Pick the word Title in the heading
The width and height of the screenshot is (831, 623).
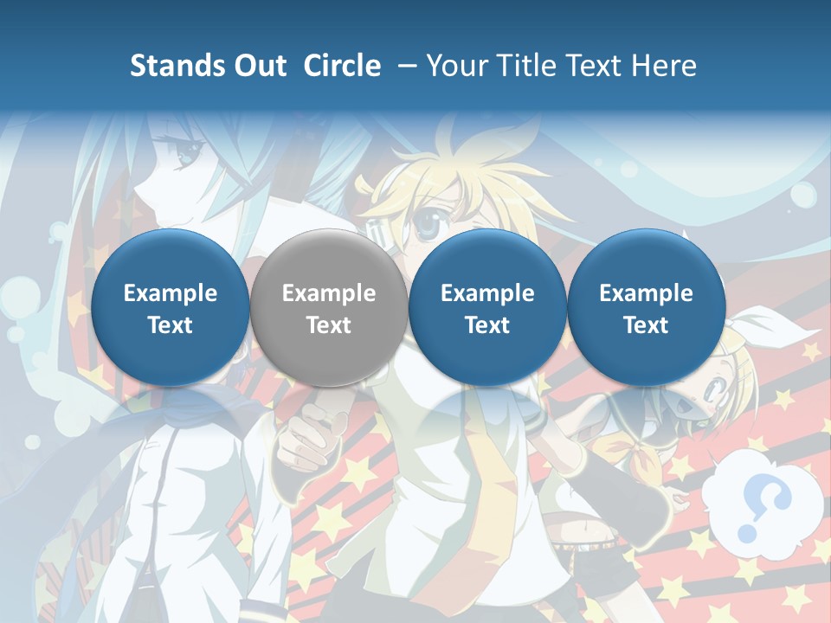[531, 67]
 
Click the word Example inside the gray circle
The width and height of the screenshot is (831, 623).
[329, 294]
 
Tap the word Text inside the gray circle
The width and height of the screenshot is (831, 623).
[329, 326]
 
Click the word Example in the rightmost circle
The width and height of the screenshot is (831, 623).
[646, 294]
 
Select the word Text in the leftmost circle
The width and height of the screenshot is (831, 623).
[171, 326]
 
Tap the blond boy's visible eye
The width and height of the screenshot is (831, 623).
[429, 225]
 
